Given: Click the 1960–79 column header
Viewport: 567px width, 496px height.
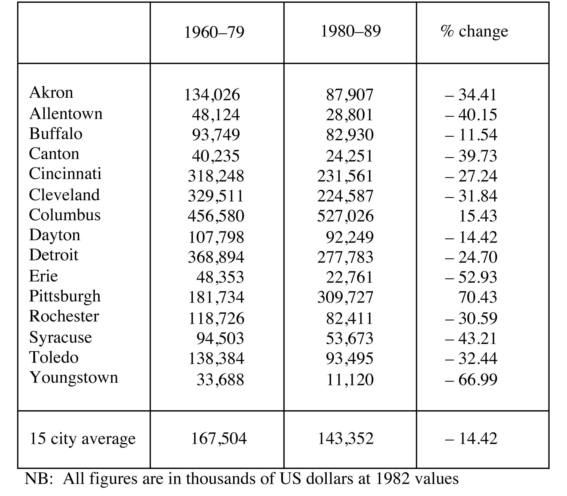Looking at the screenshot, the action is click(214, 32).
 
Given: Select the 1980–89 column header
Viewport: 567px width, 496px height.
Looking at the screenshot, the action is click(351, 31).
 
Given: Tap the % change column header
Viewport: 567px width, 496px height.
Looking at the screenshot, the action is click(474, 31).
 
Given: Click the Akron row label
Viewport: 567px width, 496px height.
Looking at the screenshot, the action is click(51, 92).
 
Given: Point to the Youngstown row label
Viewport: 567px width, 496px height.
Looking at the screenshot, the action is click(74, 377).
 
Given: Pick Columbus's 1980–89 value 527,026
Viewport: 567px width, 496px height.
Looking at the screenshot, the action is click(345, 216).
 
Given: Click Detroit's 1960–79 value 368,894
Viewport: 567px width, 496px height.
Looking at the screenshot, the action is click(216, 257).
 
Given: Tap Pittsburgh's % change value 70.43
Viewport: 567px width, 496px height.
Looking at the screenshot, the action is click(478, 297).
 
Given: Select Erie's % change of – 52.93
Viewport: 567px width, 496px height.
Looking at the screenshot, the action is click(471, 277).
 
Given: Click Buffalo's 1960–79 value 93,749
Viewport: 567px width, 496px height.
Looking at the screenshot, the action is click(216, 135).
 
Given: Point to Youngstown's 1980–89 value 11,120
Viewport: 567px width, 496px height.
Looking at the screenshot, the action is click(350, 379).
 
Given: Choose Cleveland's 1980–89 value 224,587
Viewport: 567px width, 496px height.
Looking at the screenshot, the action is click(345, 196).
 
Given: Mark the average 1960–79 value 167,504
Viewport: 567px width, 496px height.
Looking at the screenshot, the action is click(219, 438).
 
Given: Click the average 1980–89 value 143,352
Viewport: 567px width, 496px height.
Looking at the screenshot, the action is click(346, 438).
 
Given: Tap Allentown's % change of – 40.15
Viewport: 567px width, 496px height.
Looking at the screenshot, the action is click(471, 115).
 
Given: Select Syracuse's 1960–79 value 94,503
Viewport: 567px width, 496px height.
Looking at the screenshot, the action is click(220, 338).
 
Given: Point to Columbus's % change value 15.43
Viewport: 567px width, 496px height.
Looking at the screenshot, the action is click(478, 216).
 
